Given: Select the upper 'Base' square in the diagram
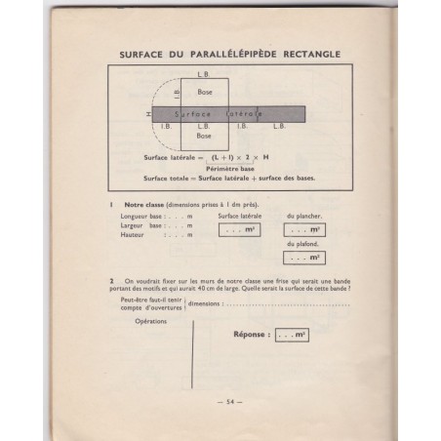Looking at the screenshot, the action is (204, 92).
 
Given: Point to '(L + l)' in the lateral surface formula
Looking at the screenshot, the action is (222, 157).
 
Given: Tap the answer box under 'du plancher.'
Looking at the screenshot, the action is (303, 230).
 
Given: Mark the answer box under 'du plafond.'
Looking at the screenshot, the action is (303, 258).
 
